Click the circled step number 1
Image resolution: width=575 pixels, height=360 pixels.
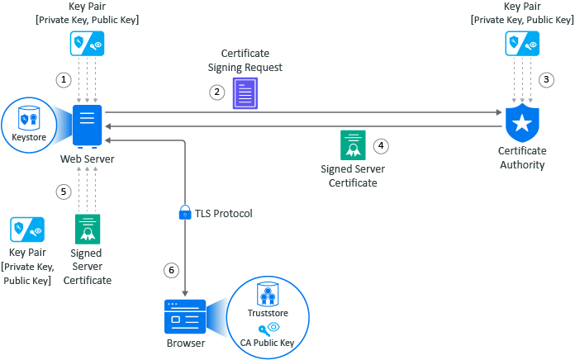[x=62, y=79]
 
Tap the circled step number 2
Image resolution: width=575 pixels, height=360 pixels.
[x=217, y=92]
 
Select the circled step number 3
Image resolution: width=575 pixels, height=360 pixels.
[x=545, y=80]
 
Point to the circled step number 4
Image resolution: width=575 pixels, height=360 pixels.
[x=381, y=145]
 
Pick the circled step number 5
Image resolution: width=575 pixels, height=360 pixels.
[x=63, y=192]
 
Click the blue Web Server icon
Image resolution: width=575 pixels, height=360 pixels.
[x=87, y=126]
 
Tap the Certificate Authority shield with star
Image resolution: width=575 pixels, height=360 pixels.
[x=521, y=124]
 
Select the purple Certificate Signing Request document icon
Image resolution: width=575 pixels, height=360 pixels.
[x=245, y=93]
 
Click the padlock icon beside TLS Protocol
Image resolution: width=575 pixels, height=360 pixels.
[x=185, y=213]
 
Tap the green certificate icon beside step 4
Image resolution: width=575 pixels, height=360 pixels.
[x=353, y=145]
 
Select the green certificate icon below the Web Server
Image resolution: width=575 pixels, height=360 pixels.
[x=87, y=228]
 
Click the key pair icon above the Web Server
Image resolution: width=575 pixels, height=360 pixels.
[x=87, y=41]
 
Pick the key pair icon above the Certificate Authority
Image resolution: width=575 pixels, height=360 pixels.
[x=522, y=41]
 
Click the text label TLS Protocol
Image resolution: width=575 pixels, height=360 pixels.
[x=224, y=214]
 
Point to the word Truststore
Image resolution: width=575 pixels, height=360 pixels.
[x=267, y=314]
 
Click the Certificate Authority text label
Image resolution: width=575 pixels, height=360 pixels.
[x=521, y=158]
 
